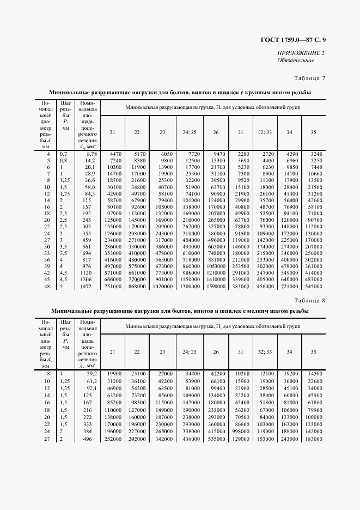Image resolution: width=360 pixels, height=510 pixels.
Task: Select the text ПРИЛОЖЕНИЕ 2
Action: tap(301, 53)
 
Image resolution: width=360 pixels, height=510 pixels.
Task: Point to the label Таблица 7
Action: tap(309, 78)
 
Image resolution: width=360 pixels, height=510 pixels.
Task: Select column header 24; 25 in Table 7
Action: tap(189, 132)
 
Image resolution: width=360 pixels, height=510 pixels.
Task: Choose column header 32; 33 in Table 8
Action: tap(265, 351)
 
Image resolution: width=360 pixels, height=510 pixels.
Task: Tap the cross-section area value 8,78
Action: tap(90, 155)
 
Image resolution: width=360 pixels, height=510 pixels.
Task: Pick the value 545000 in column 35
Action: tap(314, 286)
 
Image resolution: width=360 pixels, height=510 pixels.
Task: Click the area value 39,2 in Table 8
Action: tap(90, 374)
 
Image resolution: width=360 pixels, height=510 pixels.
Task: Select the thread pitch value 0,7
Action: tap(64, 155)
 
